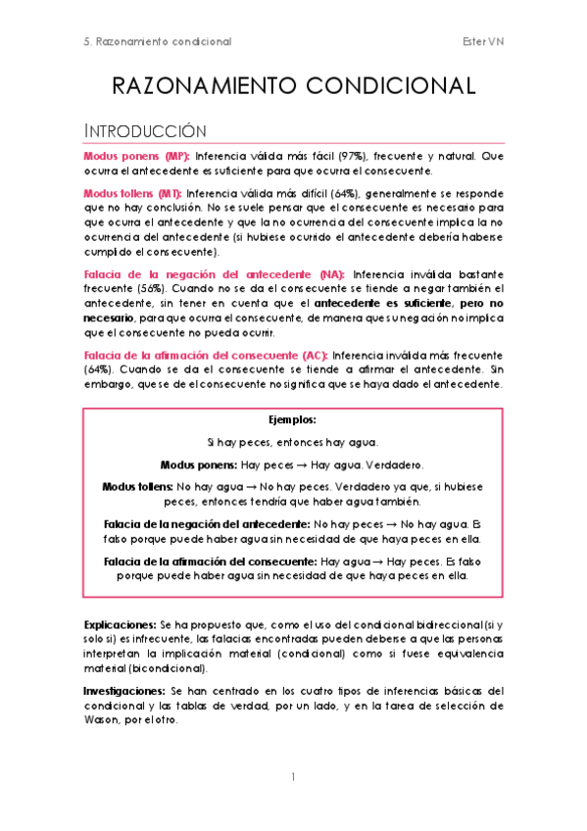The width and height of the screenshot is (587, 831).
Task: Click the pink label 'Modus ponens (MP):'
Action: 137,157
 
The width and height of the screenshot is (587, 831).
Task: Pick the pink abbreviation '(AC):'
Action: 311,355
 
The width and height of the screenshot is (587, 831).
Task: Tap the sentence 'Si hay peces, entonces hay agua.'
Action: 293,442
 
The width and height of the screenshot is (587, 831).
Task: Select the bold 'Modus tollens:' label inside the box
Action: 137,487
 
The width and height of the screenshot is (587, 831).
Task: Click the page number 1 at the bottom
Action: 293,777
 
